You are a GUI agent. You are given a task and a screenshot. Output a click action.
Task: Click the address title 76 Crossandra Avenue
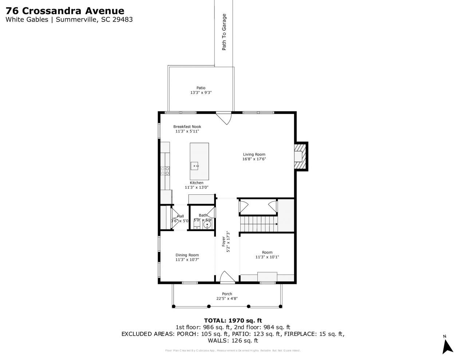click(64, 11)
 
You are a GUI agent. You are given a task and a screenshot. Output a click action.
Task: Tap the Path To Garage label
click(224, 32)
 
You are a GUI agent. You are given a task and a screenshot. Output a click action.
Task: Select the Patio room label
click(201, 88)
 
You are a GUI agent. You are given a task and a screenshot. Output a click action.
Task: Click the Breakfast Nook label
click(187, 127)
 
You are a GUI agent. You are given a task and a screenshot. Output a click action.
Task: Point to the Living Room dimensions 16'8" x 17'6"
click(254, 159)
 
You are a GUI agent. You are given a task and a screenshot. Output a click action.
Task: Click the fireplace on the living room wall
click(300, 156)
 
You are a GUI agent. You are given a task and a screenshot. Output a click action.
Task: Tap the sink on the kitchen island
click(196, 166)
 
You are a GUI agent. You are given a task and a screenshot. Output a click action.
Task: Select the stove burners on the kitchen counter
click(165, 171)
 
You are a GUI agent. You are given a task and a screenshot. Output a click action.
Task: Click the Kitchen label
click(197, 183)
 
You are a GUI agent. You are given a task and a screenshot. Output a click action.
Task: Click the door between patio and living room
click(224, 118)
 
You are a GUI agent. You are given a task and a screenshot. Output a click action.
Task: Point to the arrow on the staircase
click(277, 224)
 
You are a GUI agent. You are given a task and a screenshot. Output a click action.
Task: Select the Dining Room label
click(187, 255)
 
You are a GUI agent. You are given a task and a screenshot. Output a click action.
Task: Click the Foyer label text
click(224, 242)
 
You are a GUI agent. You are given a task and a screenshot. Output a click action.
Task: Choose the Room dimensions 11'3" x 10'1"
click(267, 257)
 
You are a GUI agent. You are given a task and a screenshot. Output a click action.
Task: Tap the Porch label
click(227, 294)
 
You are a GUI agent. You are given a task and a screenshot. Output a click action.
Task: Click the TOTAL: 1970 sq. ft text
click(233, 321)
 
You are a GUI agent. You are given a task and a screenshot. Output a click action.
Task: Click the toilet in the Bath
click(197, 225)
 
